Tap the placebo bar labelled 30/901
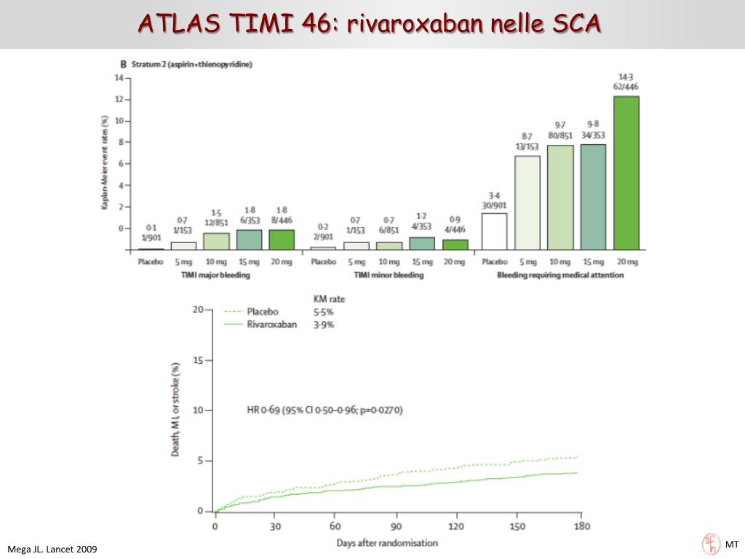coord(494,231)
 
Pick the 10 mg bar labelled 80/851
coord(560,197)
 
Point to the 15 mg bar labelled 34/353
coord(593,197)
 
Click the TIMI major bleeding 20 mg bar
coord(282,239)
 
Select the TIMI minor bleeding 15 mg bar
coord(422,243)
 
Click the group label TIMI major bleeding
coord(216,275)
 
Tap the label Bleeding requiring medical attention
coord(559,275)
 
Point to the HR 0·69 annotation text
coord(324,410)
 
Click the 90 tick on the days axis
coord(396,526)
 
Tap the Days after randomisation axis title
coord(387,543)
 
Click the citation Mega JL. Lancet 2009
coord(52,549)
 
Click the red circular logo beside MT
coord(709,543)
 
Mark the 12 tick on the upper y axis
coord(118,99)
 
